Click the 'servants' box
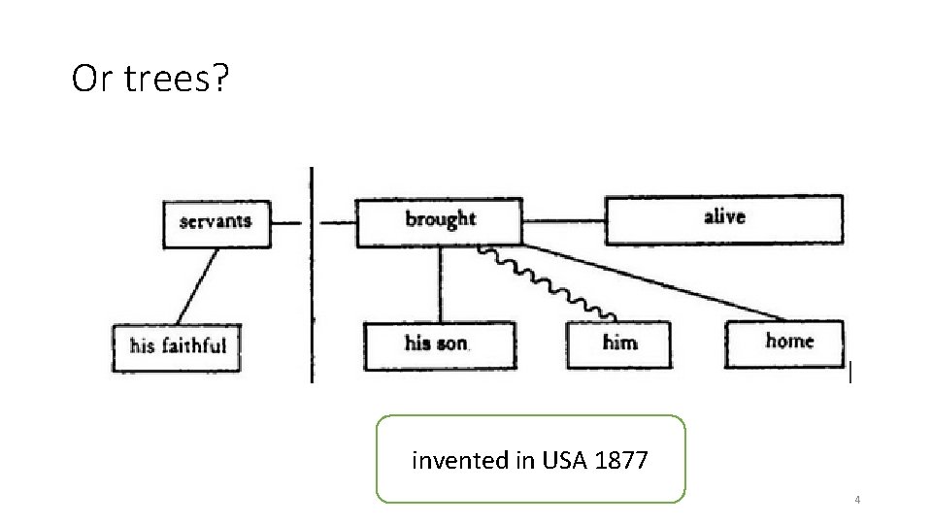(x=216, y=222)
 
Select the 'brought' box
(x=439, y=221)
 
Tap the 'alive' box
(x=724, y=219)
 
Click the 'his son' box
(x=439, y=344)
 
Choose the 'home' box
(x=784, y=343)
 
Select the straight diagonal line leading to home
(x=660, y=283)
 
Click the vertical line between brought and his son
(x=441, y=284)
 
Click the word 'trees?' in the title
(x=179, y=81)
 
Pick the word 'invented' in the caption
(x=453, y=460)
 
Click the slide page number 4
(x=857, y=500)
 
